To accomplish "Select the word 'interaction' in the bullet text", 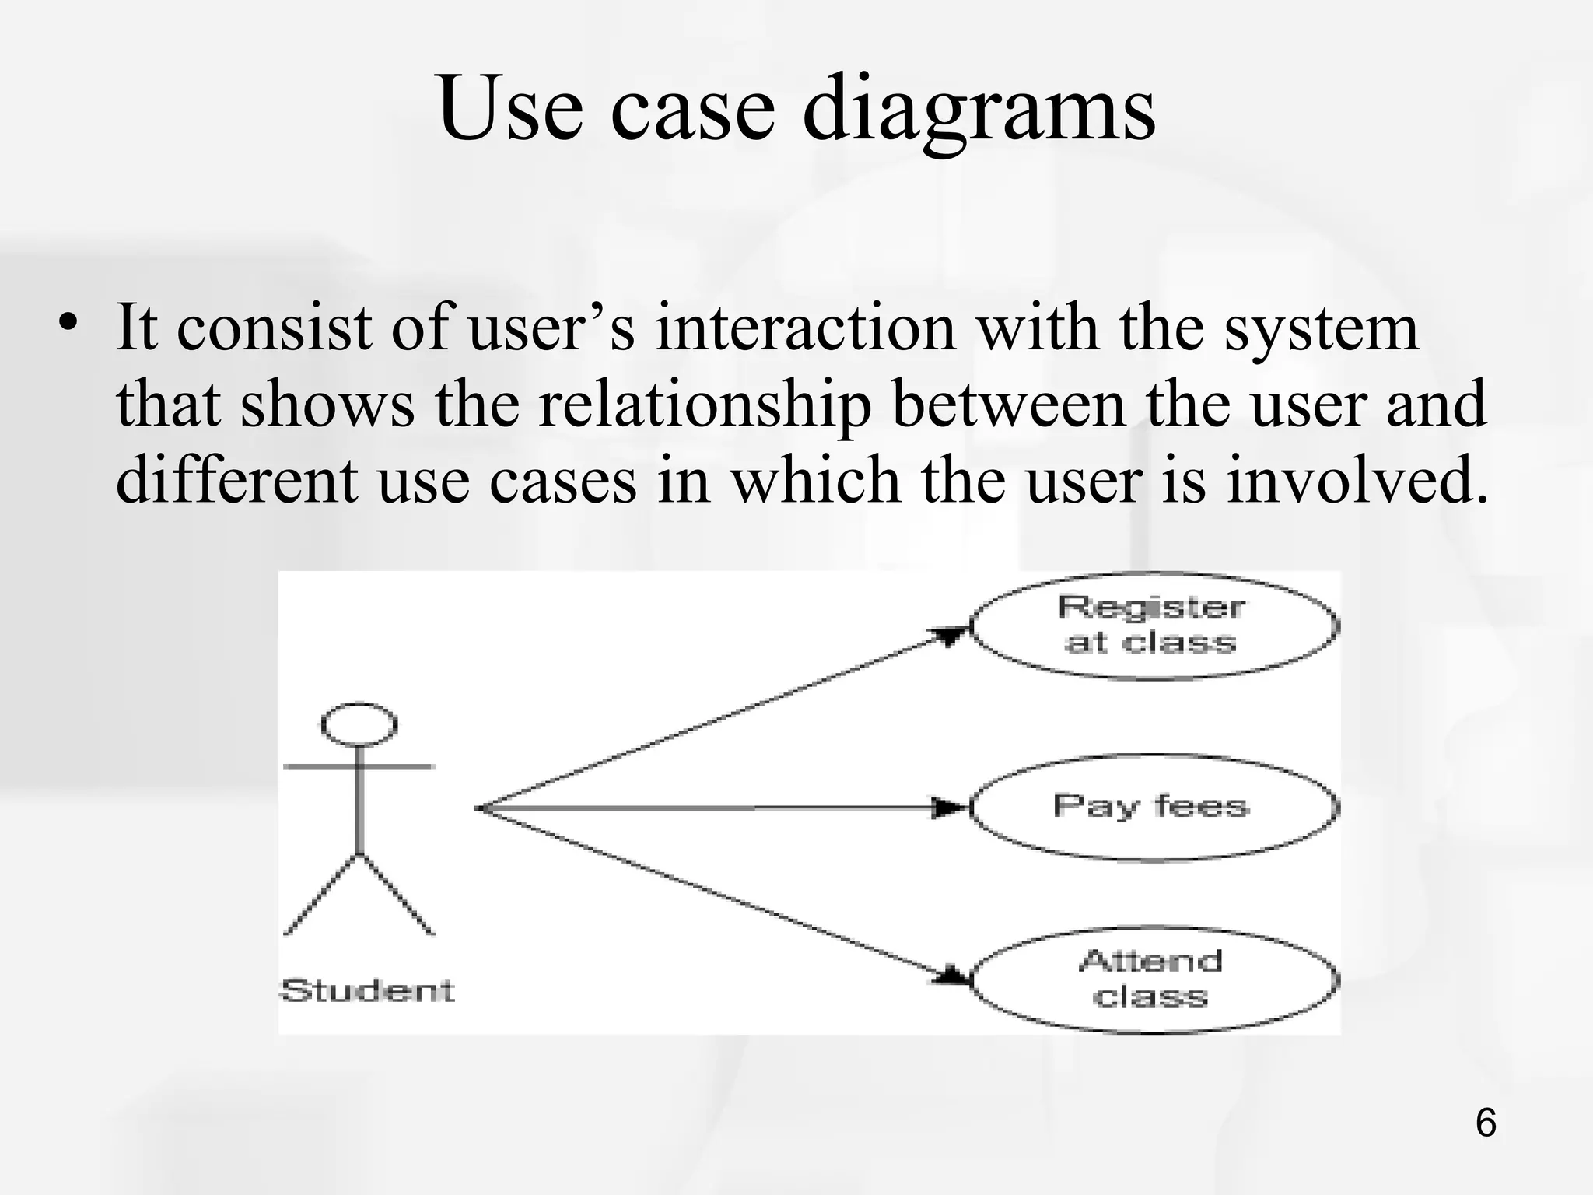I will pyautogui.click(x=805, y=328).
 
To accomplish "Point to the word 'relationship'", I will pyautogui.click(x=704, y=405).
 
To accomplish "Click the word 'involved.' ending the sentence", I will pyautogui.click(x=1357, y=480).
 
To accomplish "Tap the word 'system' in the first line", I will pyautogui.click(x=1322, y=328).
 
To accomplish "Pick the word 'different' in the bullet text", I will pyautogui.click(x=236, y=480).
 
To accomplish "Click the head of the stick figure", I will pyautogui.click(x=359, y=724).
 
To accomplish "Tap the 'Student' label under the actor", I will pyautogui.click(x=367, y=990).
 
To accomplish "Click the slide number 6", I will pyautogui.click(x=1485, y=1123).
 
